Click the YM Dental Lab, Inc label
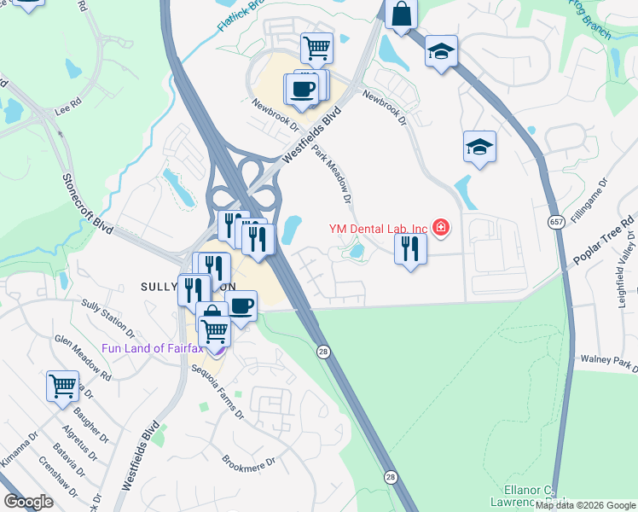coord(378,228)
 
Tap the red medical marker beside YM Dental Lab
coord(440,228)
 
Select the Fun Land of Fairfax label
coord(156,348)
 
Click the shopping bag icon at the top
coord(400,15)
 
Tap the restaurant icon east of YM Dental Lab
coord(410,249)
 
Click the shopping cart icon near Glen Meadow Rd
coord(62,386)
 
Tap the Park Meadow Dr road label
coord(332,174)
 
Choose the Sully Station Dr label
coord(107,316)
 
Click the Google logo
coord(29,502)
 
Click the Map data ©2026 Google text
coord(584,505)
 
